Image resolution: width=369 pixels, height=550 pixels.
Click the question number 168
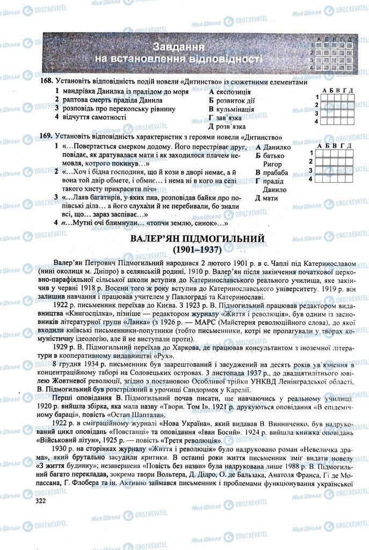coord(45,82)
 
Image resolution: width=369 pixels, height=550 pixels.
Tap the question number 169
coord(45,137)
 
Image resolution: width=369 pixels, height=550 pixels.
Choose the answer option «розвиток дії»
coord(235,100)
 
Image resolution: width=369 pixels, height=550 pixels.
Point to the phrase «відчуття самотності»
coord(95,117)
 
